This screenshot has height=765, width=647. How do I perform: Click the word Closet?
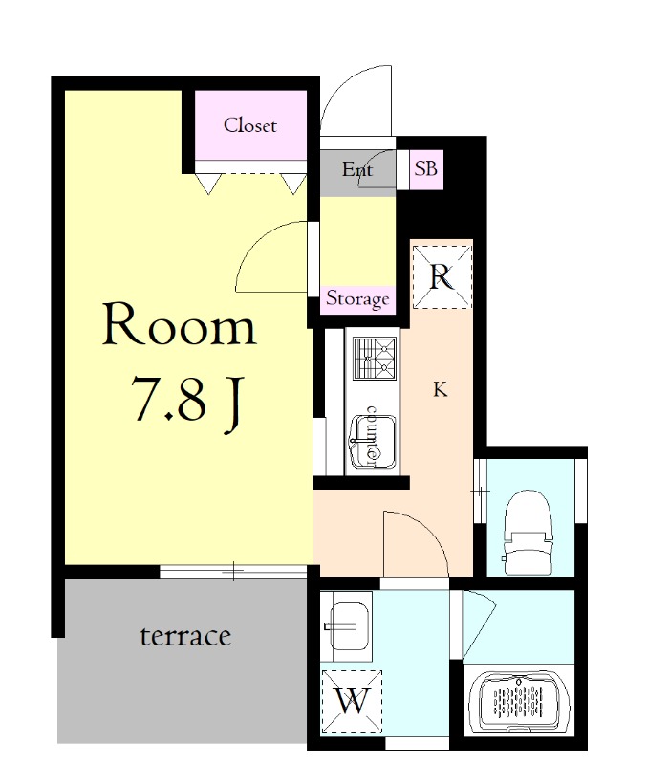(x=250, y=125)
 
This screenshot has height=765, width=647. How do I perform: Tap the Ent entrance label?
(x=357, y=169)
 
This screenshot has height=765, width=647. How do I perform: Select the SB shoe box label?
(x=425, y=169)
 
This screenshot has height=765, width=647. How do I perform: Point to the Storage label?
(x=357, y=298)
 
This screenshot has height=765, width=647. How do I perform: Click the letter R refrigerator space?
(x=442, y=277)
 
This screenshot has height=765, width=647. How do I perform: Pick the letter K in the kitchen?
(x=441, y=390)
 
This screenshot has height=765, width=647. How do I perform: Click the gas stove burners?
(x=375, y=359)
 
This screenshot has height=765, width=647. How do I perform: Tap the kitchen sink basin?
(x=374, y=441)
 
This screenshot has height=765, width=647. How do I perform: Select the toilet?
(x=528, y=533)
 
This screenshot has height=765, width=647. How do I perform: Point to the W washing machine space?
(x=352, y=701)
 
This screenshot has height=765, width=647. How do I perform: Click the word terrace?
(x=185, y=636)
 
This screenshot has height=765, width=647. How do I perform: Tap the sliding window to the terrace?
(x=233, y=571)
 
